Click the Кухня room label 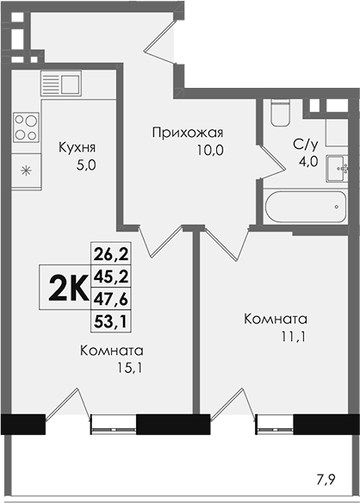coord(77,148)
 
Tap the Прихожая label coord(188,133)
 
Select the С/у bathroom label coord(306,145)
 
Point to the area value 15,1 coord(130,368)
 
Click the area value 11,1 coord(293,337)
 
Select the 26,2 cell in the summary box coord(111,254)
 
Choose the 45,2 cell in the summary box coord(111,276)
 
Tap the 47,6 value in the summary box coord(111,299)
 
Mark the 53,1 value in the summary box coord(111,321)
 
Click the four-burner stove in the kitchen coord(27,127)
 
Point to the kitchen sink coord(61,84)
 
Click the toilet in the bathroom coord(280,112)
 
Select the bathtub coord(306,207)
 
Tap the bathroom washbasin coord(337,169)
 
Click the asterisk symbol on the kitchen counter coord(25,171)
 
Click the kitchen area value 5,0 coord(86,165)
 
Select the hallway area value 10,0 coord(210,150)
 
